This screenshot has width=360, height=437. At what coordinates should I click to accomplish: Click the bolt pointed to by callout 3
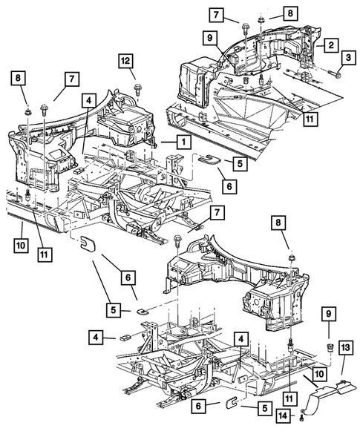tap(336, 73)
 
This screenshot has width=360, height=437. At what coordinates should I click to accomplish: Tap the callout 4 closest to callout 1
tap(88, 99)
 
